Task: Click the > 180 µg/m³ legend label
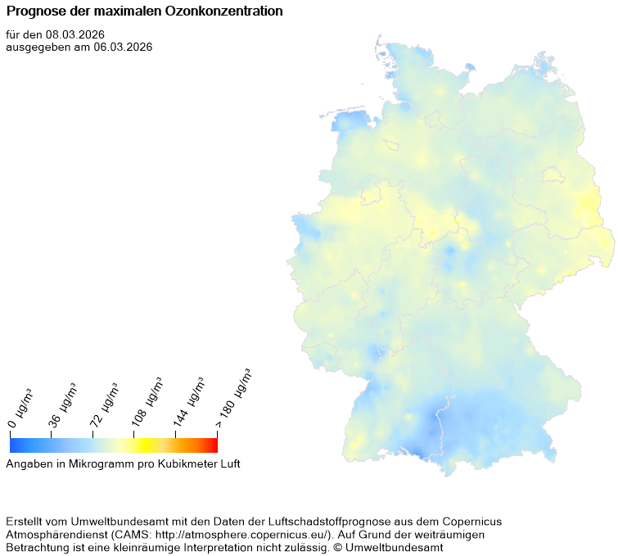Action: pyautogui.click(x=233, y=397)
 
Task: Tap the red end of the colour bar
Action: pyautogui.click(x=213, y=445)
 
